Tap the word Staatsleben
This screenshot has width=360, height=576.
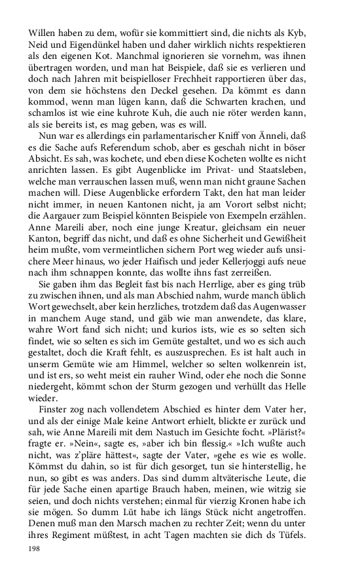click(300, 191)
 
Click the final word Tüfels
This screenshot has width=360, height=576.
click(312, 537)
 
